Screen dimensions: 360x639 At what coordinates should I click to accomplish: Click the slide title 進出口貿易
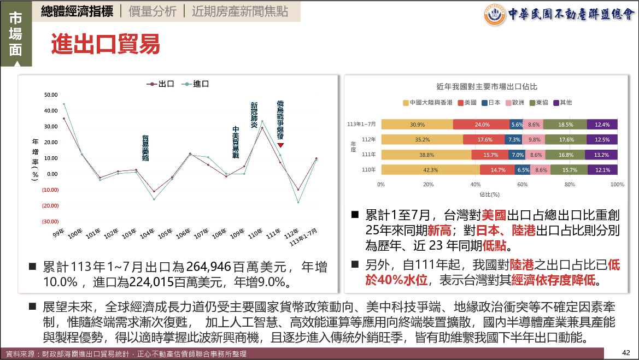coord(105,44)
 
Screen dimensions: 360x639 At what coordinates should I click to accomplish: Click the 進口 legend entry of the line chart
coord(196,84)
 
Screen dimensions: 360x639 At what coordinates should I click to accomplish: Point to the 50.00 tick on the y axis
coord(51,95)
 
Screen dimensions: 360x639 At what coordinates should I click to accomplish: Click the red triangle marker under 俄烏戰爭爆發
coord(280,145)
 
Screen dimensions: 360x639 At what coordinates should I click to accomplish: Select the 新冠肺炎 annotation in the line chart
coord(254,115)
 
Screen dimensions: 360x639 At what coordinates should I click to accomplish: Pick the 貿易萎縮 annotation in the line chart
coord(146,147)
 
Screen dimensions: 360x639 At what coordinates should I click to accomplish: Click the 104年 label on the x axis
coord(146,233)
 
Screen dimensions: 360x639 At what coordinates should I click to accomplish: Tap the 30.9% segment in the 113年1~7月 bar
coord(417,125)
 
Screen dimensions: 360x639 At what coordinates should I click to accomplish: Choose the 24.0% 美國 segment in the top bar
coord(482,125)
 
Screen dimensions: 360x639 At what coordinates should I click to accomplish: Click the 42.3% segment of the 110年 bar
coord(431,170)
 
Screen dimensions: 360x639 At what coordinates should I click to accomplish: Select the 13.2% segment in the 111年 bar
coord(601,155)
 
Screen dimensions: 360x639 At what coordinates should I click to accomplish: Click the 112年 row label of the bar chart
coord(370,139)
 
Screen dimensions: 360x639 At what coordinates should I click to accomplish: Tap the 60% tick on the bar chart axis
coord(523,185)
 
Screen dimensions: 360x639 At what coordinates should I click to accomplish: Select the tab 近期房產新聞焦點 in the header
coord(240,11)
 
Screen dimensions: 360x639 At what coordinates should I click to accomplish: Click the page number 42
coord(626,352)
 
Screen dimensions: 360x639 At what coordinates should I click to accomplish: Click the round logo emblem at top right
coord(494,15)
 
